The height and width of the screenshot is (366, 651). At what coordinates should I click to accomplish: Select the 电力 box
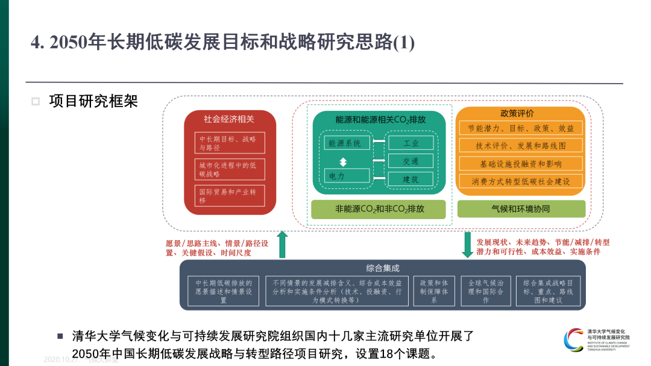[x=347, y=176]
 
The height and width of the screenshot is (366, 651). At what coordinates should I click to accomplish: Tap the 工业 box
[x=410, y=143]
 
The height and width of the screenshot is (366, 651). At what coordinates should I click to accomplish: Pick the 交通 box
[x=410, y=161]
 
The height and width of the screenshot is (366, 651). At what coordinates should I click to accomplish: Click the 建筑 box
[x=410, y=179]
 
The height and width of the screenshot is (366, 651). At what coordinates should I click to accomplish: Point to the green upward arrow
[x=282, y=244]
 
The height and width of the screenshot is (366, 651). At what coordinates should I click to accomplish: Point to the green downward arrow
[x=467, y=244]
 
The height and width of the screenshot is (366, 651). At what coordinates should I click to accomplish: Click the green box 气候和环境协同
[x=521, y=209]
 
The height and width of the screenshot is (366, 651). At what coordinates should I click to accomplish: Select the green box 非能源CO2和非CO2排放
[x=379, y=209]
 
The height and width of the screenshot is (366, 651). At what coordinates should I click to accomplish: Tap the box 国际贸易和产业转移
[x=230, y=196]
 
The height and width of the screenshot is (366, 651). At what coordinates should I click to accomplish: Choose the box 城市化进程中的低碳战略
[x=230, y=169]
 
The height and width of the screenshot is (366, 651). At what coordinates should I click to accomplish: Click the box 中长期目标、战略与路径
[x=230, y=143]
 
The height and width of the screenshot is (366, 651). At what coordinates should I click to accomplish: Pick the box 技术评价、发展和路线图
[x=521, y=146]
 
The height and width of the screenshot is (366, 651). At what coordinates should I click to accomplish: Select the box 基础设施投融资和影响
[x=521, y=163]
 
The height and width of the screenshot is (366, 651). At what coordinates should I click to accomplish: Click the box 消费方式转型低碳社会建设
[x=521, y=181]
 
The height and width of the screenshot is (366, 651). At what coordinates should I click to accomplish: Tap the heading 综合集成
[x=382, y=268]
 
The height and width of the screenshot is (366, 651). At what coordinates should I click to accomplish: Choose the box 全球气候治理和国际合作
[x=485, y=291]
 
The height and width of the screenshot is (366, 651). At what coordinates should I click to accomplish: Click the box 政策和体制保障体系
[x=434, y=291]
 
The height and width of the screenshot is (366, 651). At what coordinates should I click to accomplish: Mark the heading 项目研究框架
[x=93, y=101]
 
